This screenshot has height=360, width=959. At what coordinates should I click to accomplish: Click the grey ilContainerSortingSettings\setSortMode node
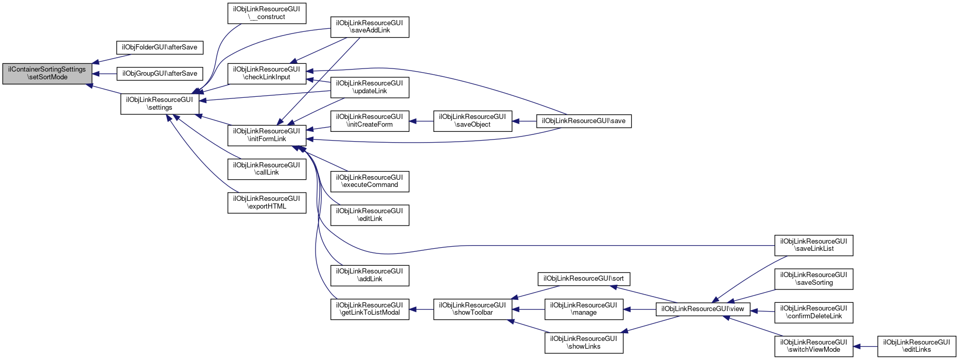point(47,74)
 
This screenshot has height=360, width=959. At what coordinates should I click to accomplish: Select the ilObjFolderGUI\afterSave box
point(160,47)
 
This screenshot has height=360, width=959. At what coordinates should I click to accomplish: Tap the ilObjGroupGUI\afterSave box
point(160,74)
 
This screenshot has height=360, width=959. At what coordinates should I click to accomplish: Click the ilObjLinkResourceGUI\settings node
point(160,104)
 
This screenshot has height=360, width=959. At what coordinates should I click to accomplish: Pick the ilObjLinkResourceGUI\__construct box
point(267,13)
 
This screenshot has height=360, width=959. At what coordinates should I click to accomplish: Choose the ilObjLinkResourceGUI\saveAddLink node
point(370,27)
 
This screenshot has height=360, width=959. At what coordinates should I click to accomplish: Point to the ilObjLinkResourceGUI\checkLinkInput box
point(267,73)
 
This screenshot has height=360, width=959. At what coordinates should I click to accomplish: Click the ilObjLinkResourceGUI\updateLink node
point(370,87)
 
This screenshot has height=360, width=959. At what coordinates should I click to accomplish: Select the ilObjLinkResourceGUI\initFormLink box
point(267,135)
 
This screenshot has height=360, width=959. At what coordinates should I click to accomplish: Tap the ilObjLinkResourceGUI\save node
point(584,121)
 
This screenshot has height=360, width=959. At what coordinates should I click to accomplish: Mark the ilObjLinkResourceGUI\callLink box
point(267,169)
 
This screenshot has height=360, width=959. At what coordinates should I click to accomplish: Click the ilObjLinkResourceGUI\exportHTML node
point(267,202)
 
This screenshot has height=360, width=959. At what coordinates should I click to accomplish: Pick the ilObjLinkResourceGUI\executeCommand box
point(370,181)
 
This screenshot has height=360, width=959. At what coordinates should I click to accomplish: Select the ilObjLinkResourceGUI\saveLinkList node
point(814,245)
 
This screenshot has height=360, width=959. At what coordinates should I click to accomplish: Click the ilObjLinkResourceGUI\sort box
point(584,279)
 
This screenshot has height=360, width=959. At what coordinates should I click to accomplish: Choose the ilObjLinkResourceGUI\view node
point(703,309)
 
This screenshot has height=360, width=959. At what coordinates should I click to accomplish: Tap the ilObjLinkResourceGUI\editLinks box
point(917,346)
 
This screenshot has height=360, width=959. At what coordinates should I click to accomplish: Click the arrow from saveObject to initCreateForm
point(422,121)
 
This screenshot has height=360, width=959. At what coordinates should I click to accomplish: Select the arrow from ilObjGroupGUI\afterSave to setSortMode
point(105,74)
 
